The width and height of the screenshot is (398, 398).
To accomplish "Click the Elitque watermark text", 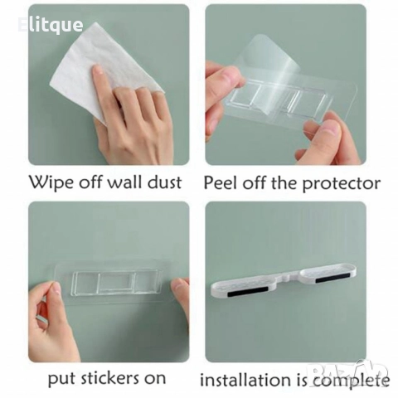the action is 51,25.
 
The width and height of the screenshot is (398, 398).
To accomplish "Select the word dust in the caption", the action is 164,182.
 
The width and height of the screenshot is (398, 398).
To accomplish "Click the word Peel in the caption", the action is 221,182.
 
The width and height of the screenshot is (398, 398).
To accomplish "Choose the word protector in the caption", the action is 342,184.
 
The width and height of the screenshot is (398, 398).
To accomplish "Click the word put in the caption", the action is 61,379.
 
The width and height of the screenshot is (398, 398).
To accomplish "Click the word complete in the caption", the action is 352,381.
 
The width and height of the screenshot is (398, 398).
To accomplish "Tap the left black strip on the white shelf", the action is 248,292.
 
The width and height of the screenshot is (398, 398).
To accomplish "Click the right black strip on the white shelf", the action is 333,279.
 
